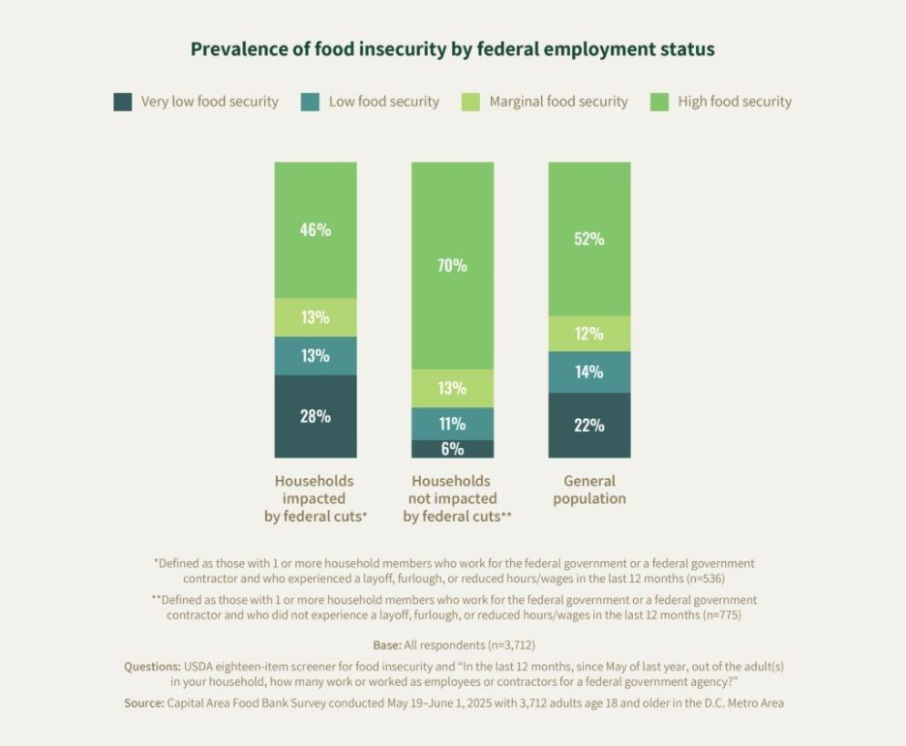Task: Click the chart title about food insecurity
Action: tap(453, 49)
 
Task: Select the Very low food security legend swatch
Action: tap(123, 102)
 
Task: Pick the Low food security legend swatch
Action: tap(311, 102)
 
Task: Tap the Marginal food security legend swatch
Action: tap(471, 102)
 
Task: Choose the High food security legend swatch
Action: tap(659, 102)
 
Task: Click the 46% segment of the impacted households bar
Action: tap(316, 230)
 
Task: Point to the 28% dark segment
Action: tap(316, 416)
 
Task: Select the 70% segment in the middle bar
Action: tap(452, 265)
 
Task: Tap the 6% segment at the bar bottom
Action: tap(452, 449)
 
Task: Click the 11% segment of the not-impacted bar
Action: tap(452, 424)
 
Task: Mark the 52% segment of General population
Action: tap(589, 239)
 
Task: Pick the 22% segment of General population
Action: tap(589, 425)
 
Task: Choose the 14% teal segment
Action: tap(589, 372)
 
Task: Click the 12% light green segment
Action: tap(589, 334)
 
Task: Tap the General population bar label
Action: tap(589, 490)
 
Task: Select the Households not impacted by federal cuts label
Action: tap(452, 498)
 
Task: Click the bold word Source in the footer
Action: tap(143, 703)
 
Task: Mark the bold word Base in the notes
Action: tap(386, 645)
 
